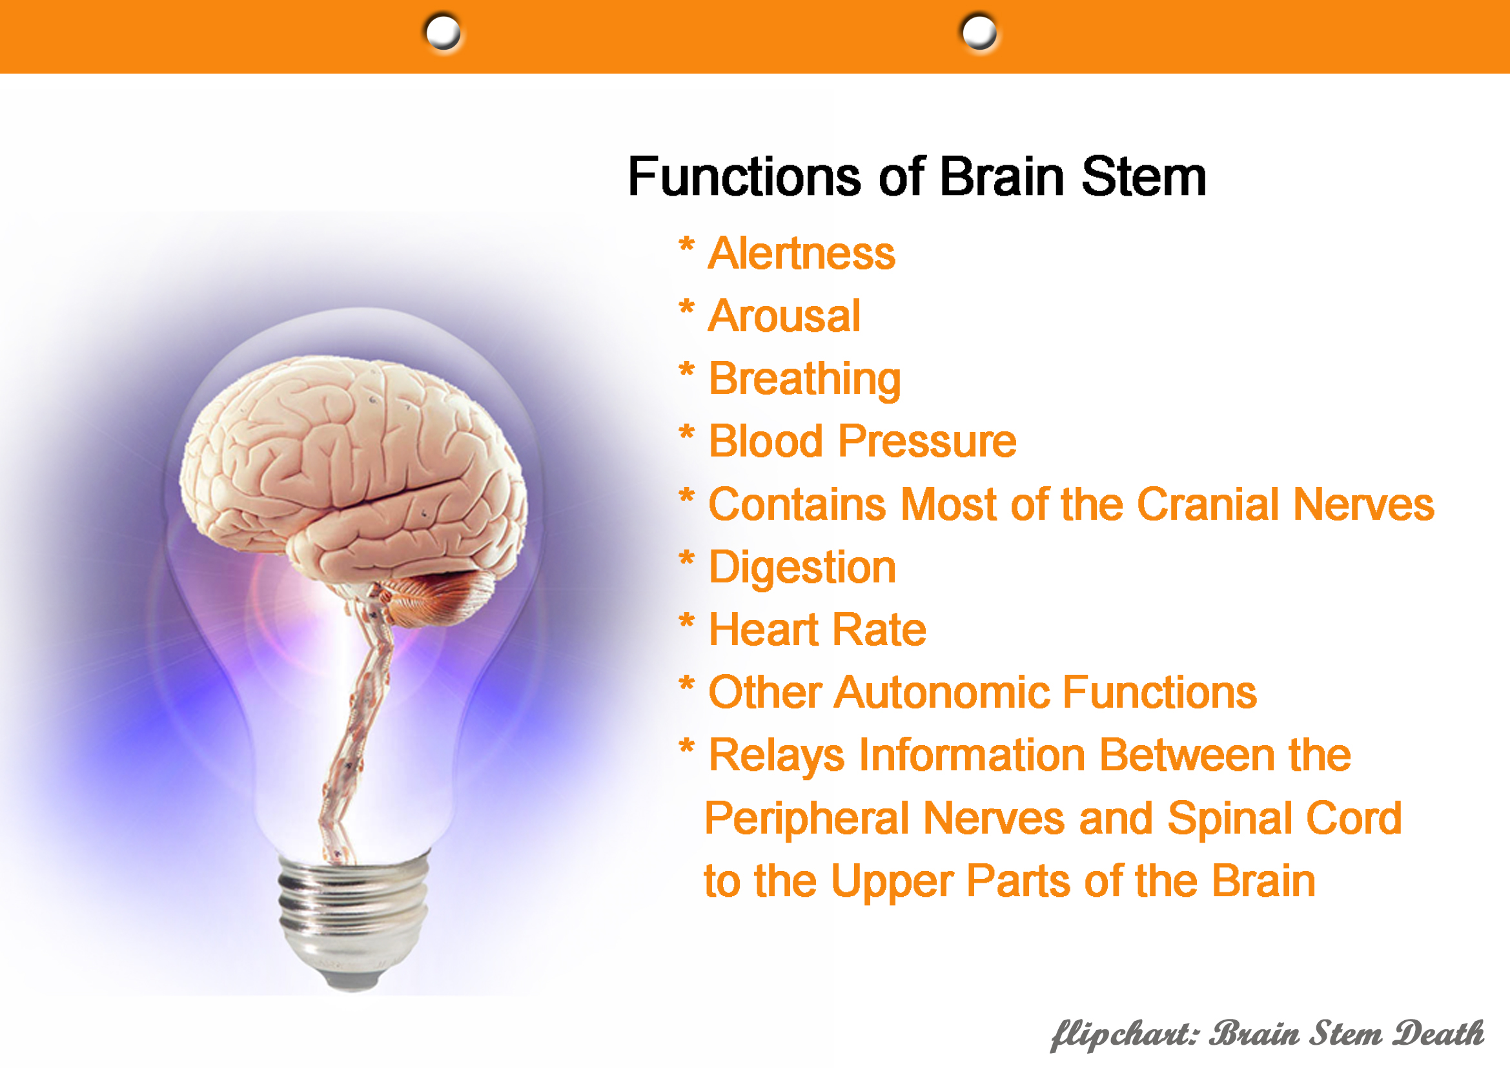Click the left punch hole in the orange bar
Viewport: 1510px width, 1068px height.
click(443, 32)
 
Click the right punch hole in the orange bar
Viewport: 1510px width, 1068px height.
click(979, 32)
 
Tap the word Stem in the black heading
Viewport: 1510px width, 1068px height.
click(1144, 177)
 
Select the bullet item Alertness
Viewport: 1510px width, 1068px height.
click(802, 253)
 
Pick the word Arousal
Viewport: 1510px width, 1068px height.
click(784, 316)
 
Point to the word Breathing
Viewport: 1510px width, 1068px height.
click(804, 380)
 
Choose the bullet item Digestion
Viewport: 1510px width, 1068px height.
click(802, 568)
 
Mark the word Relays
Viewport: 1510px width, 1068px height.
click(777, 756)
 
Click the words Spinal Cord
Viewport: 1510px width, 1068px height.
click(1285, 819)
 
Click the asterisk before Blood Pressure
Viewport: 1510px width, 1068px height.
click(687, 433)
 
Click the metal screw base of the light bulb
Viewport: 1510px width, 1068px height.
click(354, 921)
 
